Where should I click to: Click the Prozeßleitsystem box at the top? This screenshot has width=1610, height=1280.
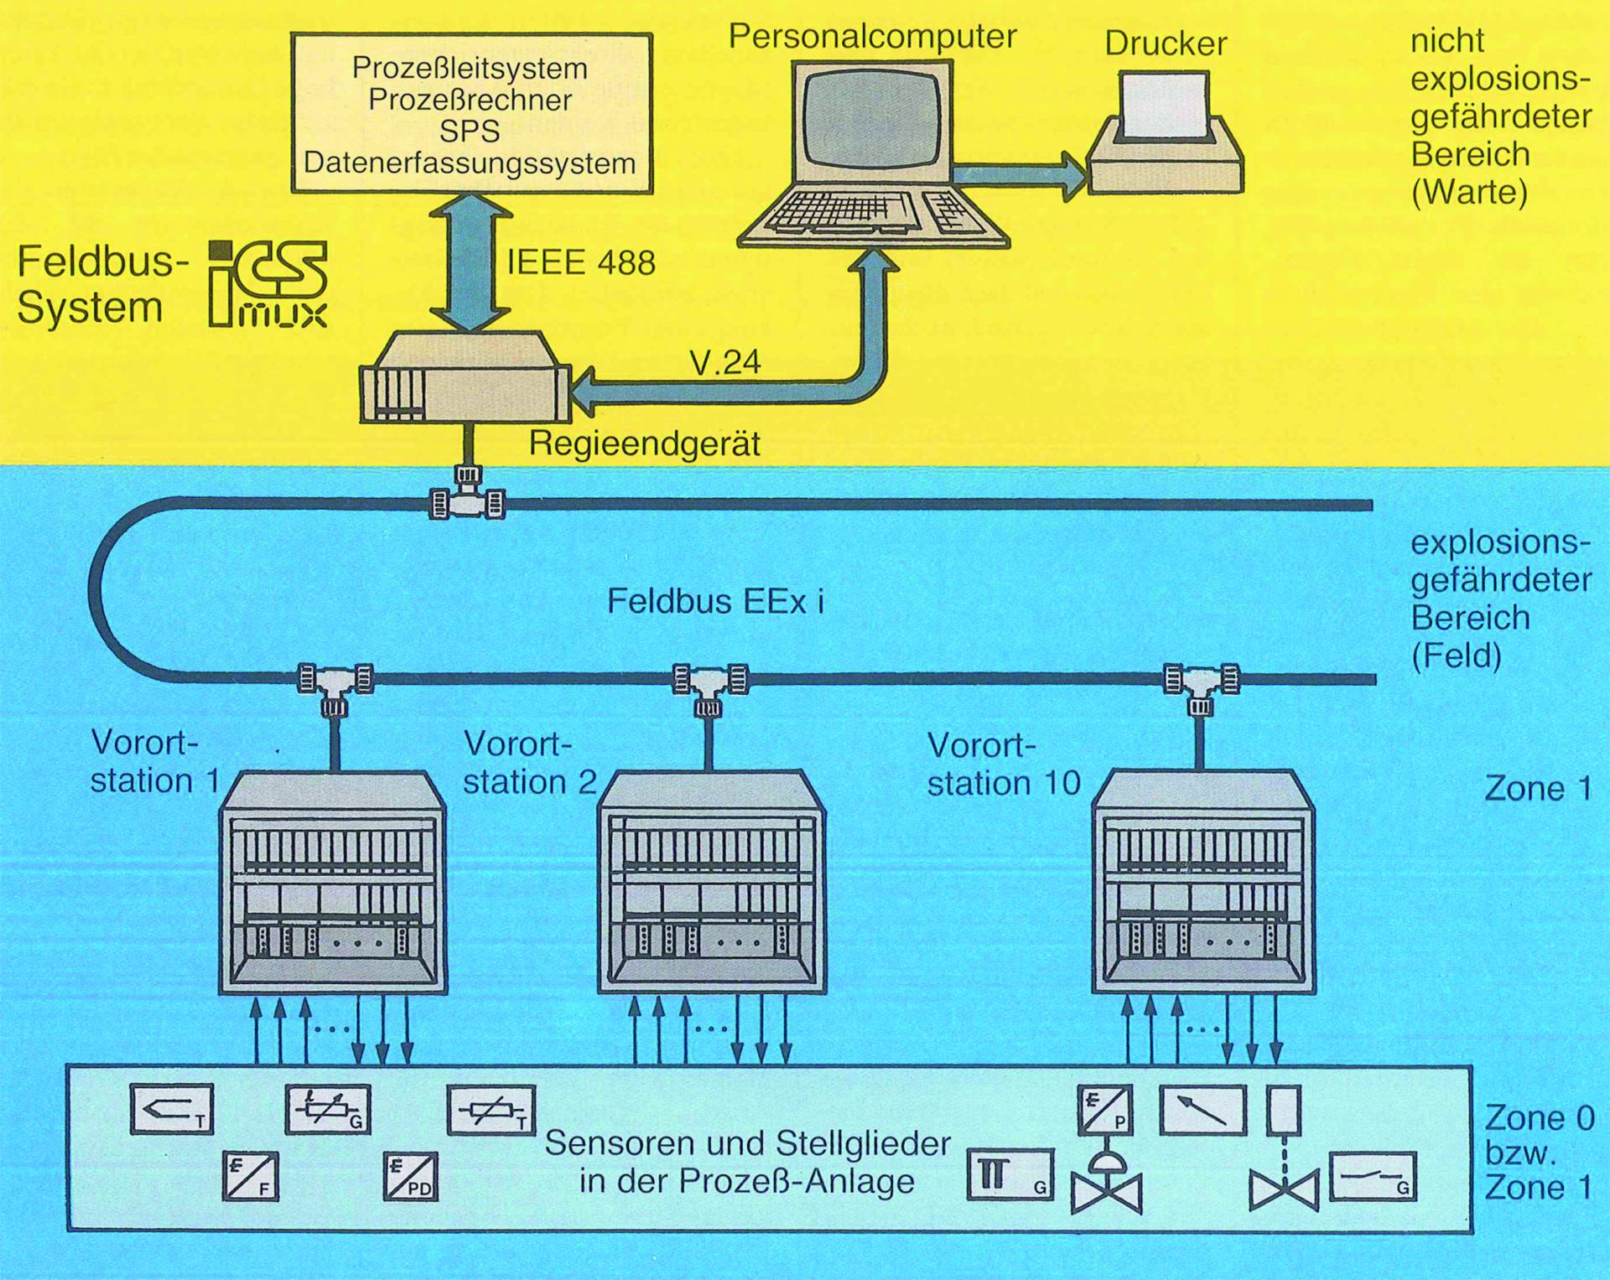[470, 114]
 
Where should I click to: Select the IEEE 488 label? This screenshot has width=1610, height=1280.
[581, 263]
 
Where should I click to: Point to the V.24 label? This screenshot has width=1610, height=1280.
[725, 362]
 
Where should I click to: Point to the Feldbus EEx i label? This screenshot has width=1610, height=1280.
[715, 602]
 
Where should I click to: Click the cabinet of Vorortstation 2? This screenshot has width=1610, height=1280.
[711, 889]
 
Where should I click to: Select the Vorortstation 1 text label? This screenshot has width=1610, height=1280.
[154, 762]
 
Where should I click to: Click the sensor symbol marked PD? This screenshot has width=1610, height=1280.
[411, 1176]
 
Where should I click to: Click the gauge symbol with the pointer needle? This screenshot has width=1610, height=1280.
[1202, 1110]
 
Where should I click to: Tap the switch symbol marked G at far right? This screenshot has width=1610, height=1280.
[1372, 1176]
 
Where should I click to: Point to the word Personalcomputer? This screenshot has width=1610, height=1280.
[872, 36]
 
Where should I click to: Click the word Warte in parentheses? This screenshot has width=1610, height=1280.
[1469, 193]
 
